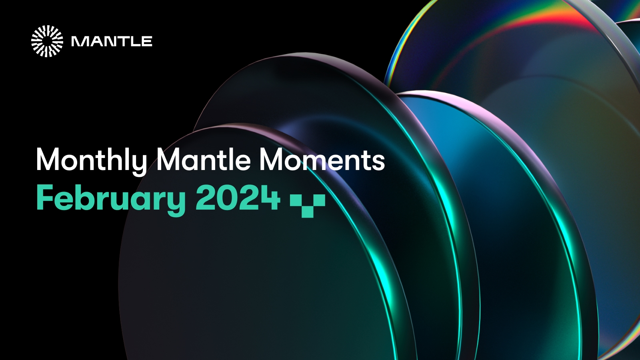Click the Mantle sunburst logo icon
[x=47, y=41]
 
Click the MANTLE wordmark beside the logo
[x=112, y=42]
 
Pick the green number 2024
[x=238, y=198]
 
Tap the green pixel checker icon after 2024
[x=307, y=204]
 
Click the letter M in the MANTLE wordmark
[x=79, y=42]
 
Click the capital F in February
[x=44, y=198]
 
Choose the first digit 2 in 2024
[x=204, y=198]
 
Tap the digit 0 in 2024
[x=226, y=198]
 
